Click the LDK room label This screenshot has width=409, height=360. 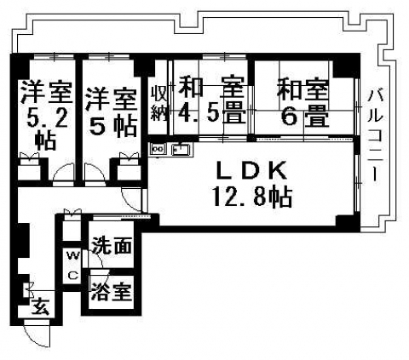tap(251, 171)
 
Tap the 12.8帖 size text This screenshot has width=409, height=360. tap(252, 197)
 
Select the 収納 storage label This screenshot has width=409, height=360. tap(159, 103)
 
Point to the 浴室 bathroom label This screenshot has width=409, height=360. tap(112, 292)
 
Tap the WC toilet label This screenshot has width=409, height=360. tap(72, 266)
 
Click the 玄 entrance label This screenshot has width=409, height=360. tap(40, 307)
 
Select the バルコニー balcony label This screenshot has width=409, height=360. tap(375, 135)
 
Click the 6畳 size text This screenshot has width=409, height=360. tap(305, 116)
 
